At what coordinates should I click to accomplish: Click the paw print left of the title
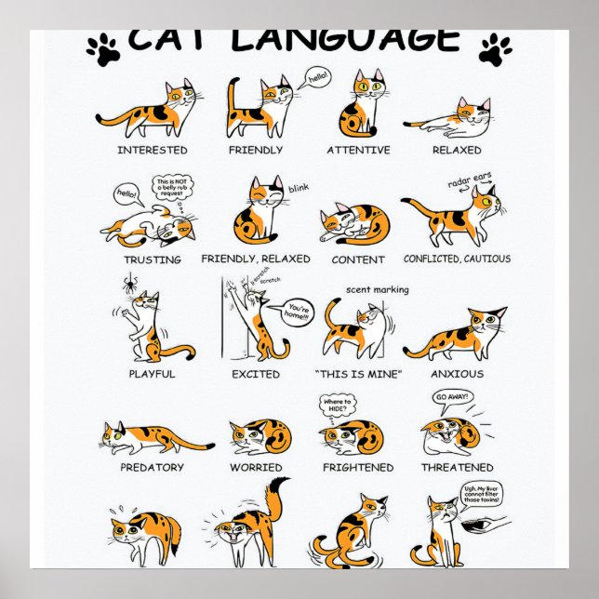pyautogui.click(x=104, y=48)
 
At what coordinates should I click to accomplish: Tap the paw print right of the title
pyautogui.click(x=495, y=48)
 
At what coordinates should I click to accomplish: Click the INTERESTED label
pyautogui.click(x=153, y=150)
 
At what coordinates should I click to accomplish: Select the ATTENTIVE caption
pyautogui.click(x=358, y=150)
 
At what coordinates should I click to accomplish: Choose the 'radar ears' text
pyautogui.click(x=466, y=180)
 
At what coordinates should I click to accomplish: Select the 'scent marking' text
pyautogui.click(x=377, y=289)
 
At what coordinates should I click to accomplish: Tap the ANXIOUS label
pyautogui.click(x=457, y=374)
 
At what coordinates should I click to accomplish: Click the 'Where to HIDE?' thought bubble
pyautogui.click(x=338, y=406)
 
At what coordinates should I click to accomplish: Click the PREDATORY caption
pyautogui.click(x=152, y=468)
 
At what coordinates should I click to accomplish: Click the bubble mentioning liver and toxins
pyautogui.click(x=481, y=494)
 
